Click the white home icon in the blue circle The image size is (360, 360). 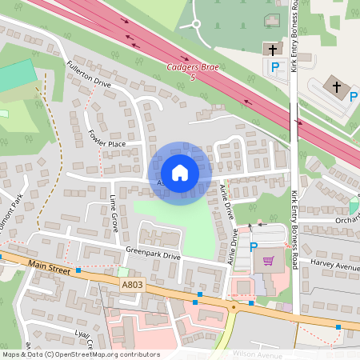click(x=180, y=173)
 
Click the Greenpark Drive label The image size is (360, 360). click(x=153, y=256)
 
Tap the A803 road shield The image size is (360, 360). click(x=134, y=284)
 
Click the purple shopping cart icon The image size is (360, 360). click(x=268, y=261)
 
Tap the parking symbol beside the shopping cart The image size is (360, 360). click(x=254, y=247)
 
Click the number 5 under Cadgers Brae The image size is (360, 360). click(x=193, y=78)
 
